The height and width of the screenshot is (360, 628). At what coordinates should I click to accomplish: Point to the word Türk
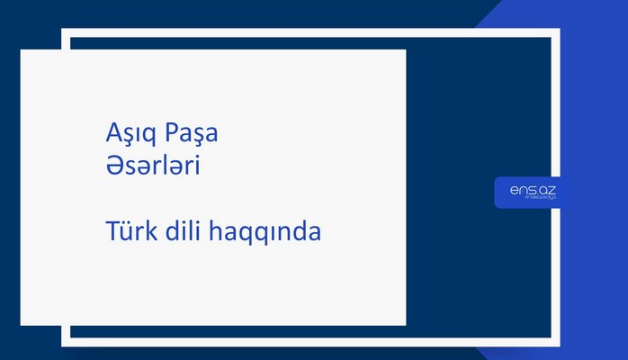coord(130,231)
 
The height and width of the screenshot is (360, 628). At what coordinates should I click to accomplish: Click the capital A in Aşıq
coord(112,136)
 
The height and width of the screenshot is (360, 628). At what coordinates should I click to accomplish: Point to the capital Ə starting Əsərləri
coord(112,167)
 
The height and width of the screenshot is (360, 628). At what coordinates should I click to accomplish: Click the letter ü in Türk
coord(127,231)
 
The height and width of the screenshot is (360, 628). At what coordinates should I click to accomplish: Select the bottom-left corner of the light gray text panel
coord(22,324)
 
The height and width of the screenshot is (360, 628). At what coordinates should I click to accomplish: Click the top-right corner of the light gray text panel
coord(405,50)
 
